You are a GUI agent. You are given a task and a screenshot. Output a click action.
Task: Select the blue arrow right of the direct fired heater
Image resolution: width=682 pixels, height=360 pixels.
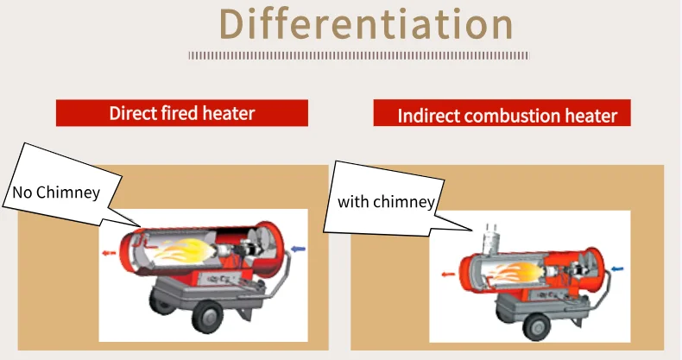coord(297,249)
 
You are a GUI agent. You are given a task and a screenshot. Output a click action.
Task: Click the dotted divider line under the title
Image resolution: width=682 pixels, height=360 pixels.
coord(358,55)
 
